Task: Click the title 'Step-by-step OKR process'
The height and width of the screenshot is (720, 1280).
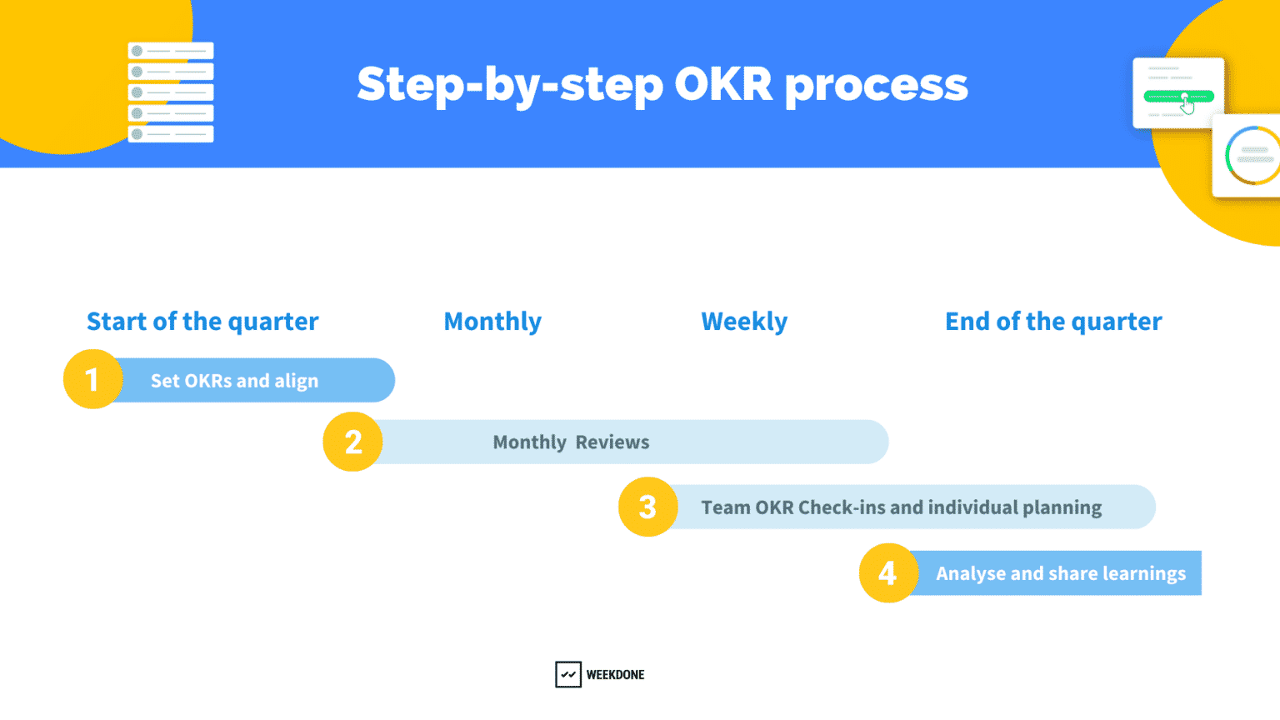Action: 662,85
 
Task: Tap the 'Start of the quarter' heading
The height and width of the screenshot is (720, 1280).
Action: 202,322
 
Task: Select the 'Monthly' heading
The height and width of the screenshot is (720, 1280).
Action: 492,322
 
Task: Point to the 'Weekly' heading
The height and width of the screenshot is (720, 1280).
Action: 744,322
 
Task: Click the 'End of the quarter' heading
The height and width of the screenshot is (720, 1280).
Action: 1053,322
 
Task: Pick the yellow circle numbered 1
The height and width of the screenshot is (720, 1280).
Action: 92,379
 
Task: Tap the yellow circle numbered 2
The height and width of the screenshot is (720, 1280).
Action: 353,442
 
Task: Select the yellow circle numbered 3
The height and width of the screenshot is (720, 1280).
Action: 647,507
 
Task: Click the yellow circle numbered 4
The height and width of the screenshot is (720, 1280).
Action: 888,572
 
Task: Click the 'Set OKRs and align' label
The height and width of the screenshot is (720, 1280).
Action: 234,381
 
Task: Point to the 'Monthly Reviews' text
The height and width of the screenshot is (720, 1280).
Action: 571,442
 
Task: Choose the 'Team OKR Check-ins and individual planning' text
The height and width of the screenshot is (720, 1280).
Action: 901,507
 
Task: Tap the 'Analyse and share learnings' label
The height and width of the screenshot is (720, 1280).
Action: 1060,573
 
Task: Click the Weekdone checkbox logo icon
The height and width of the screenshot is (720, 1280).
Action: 568,674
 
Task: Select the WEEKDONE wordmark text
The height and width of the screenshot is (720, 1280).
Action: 615,675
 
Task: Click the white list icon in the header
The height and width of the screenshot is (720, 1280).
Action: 171,92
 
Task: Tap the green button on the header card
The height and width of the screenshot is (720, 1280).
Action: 1178,97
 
